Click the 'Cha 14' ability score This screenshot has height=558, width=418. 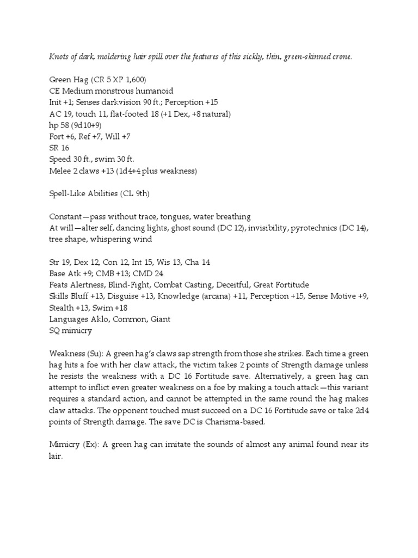click(199, 263)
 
